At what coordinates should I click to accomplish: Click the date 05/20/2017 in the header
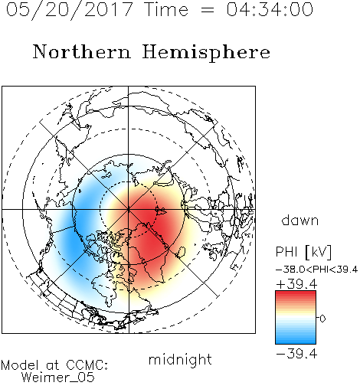pyautogui.click(x=70, y=10)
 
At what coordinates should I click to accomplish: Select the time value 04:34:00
pyautogui.click(x=270, y=9)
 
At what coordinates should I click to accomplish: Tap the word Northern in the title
pyautogui.click(x=82, y=52)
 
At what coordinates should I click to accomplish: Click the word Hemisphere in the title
pyautogui.click(x=206, y=53)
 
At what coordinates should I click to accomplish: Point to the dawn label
pyautogui.click(x=300, y=220)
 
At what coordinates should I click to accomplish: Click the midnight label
pyautogui.click(x=180, y=360)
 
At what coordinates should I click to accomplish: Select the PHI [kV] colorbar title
pyautogui.click(x=303, y=253)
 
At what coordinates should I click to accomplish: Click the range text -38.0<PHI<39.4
pyautogui.click(x=316, y=270)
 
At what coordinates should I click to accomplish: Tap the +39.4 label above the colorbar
pyautogui.click(x=296, y=284)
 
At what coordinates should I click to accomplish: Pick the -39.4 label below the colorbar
pyautogui.click(x=296, y=354)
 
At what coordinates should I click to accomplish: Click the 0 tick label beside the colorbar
pyautogui.click(x=322, y=319)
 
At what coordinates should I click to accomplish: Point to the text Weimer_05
pyautogui.click(x=58, y=378)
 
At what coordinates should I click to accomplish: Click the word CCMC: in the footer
pyautogui.click(x=87, y=365)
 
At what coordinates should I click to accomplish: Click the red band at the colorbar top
pyautogui.click(x=296, y=294)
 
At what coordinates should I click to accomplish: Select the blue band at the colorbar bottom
pyautogui.click(x=296, y=341)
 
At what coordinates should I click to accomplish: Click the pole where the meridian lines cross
pyautogui.click(x=129, y=210)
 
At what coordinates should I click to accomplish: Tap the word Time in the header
pyautogui.click(x=166, y=9)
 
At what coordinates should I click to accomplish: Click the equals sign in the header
pyautogui.click(x=207, y=10)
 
